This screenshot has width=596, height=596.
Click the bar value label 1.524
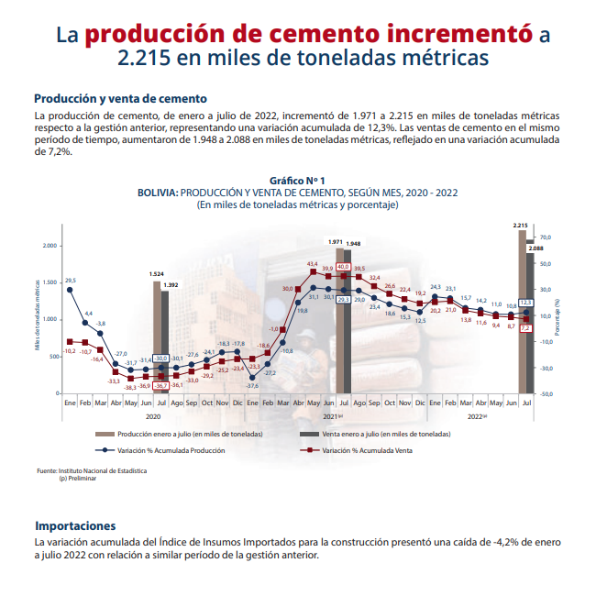[x=157, y=274]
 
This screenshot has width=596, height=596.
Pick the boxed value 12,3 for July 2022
[x=525, y=302]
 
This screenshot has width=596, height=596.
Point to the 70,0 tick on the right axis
[x=544, y=237]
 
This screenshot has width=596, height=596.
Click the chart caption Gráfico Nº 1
[x=297, y=181]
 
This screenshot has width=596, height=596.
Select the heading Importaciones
[x=75, y=525]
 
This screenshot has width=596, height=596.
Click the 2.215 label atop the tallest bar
[x=520, y=225]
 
